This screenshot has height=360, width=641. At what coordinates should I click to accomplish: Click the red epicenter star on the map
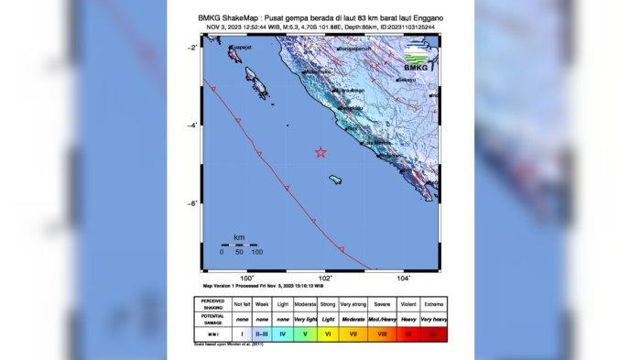320,152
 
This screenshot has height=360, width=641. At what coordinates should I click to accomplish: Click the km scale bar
238,244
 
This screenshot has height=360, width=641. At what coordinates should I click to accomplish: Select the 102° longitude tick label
324,277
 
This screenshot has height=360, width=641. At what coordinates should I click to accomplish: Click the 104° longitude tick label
403,277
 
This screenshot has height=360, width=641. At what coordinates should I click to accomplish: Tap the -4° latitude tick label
193,125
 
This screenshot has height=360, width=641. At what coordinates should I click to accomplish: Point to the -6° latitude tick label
193,203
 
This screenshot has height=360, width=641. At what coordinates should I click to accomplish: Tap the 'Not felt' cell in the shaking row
241,303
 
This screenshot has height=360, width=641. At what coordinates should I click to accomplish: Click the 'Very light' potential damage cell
304,319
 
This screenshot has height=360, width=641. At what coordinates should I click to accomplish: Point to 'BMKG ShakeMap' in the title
234,18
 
